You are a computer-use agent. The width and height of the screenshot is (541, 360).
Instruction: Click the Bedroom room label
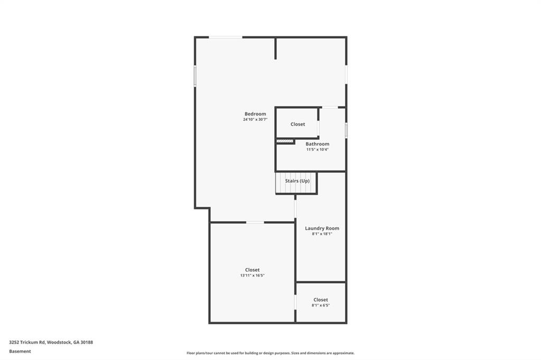(255, 114)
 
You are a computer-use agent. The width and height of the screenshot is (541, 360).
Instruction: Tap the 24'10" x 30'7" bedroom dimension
(255, 120)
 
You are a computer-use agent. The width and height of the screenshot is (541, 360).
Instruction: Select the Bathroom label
(317, 144)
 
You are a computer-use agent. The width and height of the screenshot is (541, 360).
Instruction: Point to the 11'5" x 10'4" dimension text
(317, 149)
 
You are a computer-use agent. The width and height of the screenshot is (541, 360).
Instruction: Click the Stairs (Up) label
(297, 181)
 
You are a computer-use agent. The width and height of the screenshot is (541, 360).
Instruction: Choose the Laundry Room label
(322, 229)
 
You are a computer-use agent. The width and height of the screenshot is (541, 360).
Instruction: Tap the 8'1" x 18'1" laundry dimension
(322, 234)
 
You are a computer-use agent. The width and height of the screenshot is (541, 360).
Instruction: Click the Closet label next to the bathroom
(297, 125)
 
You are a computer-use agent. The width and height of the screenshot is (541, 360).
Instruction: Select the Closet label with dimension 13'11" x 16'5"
(252, 270)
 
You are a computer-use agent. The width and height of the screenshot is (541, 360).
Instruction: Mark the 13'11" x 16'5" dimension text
(252, 276)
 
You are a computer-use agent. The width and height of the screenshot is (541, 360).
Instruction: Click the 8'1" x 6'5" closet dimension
(321, 305)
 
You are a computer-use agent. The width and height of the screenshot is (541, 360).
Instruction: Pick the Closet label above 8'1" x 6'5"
(321, 300)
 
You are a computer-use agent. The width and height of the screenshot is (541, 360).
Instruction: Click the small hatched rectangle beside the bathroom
(285, 141)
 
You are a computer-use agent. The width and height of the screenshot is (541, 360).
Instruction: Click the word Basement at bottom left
(20, 351)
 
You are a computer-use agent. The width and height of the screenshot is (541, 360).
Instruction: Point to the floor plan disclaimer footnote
(270, 353)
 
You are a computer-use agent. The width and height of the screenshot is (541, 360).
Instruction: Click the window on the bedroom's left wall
(195, 75)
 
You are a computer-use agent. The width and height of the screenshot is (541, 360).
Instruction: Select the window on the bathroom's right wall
(346, 130)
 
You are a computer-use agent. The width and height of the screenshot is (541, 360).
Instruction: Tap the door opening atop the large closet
(255, 222)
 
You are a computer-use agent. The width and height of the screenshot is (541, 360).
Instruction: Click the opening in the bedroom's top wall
(226, 37)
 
